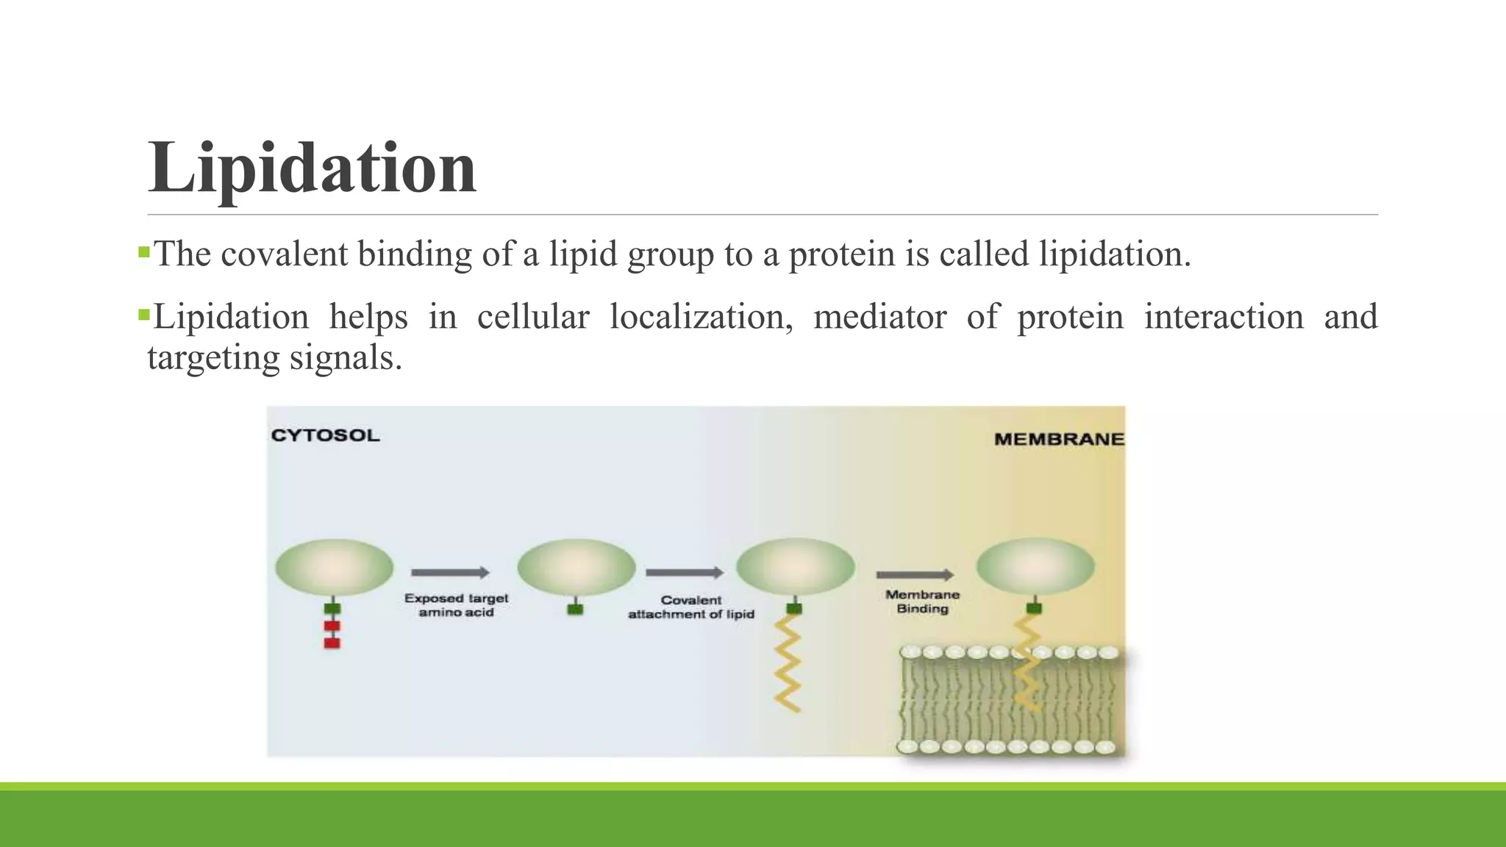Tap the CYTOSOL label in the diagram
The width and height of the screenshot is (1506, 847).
point(326,435)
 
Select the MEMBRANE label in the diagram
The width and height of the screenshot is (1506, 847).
point(1059,439)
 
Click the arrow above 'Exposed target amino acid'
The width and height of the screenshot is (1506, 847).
point(450,572)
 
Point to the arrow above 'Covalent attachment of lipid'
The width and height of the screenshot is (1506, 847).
point(685,572)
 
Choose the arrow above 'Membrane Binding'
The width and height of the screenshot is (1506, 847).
point(915,574)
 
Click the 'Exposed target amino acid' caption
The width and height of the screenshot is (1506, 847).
point(456,605)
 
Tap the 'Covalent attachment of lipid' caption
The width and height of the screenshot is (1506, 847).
point(691,607)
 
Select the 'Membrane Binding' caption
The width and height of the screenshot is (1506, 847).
point(922,601)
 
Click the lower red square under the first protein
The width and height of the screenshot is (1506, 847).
point(332,643)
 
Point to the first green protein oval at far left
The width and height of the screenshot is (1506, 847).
point(334,567)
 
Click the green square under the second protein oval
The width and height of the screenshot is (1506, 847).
point(576,609)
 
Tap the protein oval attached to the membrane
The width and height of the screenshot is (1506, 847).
point(1035,566)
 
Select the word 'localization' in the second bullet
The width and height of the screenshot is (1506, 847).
point(702,318)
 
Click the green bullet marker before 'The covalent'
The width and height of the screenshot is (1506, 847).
point(144,254)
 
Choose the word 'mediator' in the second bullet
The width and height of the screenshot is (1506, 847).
point(879,318)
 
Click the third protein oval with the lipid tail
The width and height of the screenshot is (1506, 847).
point(796,566)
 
